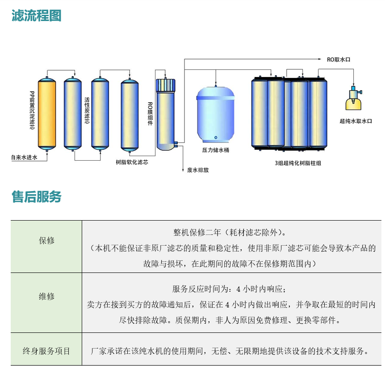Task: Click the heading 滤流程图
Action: [x=36, y=16]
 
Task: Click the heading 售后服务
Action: [x=36, y=197]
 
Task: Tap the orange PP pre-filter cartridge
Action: [x=46, y=114]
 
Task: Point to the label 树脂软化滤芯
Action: [x=132, y=162]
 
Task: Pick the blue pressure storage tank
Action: [x=216, y=114]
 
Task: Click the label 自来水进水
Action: [x=24, y=157]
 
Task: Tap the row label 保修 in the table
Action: [x=46, y=241]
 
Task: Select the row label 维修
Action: [x=46, y=296]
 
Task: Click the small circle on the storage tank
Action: [x=215, y=137]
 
